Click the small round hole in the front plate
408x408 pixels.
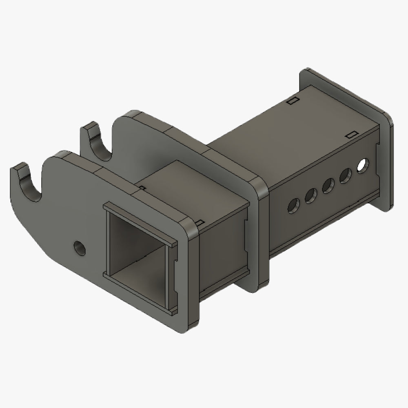(x=80, y=248)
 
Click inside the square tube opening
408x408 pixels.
(x=137, y=253)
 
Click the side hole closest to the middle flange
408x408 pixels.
(x=293, y=204)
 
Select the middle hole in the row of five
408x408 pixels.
(x=328, y=186)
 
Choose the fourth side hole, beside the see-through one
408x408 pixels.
(x=346, y=176)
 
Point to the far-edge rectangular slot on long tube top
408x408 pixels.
(x=292, y=101)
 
